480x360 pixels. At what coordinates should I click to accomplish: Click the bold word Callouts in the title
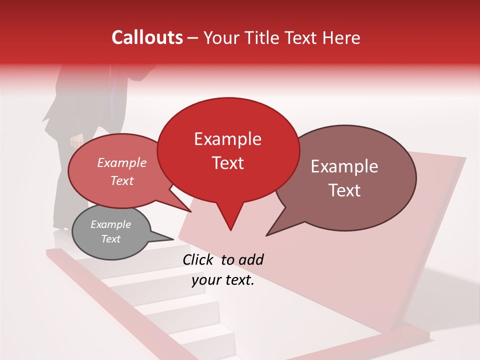tap(147, 37)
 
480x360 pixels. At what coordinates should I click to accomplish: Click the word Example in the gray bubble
tap(110, 224)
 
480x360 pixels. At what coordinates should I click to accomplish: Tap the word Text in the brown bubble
tap(345, 190)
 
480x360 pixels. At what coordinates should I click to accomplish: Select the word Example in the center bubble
tap(227, 139)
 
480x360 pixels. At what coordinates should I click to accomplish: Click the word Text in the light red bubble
tap(122, 181)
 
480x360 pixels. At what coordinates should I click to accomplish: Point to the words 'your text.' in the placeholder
tap(223, 280)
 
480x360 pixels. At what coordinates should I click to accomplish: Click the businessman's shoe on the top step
tap(60, 229)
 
